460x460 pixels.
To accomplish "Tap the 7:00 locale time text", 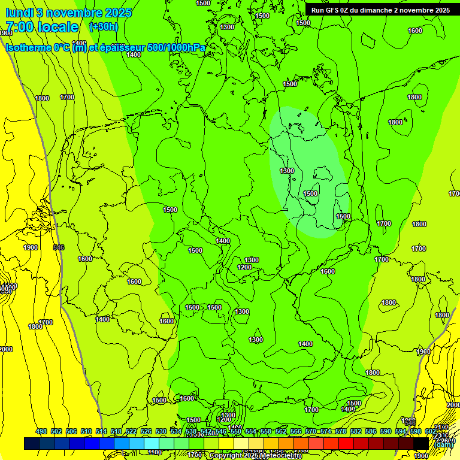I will [x=41, y=27].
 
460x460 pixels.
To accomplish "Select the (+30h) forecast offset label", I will [x=103, y=26].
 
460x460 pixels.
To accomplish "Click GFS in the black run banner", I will [x=338, y=10].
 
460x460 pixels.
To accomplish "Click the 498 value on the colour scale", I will [x=41, y=432].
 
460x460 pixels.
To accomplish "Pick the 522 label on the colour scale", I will [x=131, y=432].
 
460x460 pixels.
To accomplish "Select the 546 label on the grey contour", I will [x=59, y=247].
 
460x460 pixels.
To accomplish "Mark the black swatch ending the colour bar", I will [x=420, y=444].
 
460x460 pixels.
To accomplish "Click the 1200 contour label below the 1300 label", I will [x=244, y=267].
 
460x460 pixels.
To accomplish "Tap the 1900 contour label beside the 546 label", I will [x=31, y=247].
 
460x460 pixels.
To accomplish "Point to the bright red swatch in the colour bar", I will [x=346, y=444].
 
